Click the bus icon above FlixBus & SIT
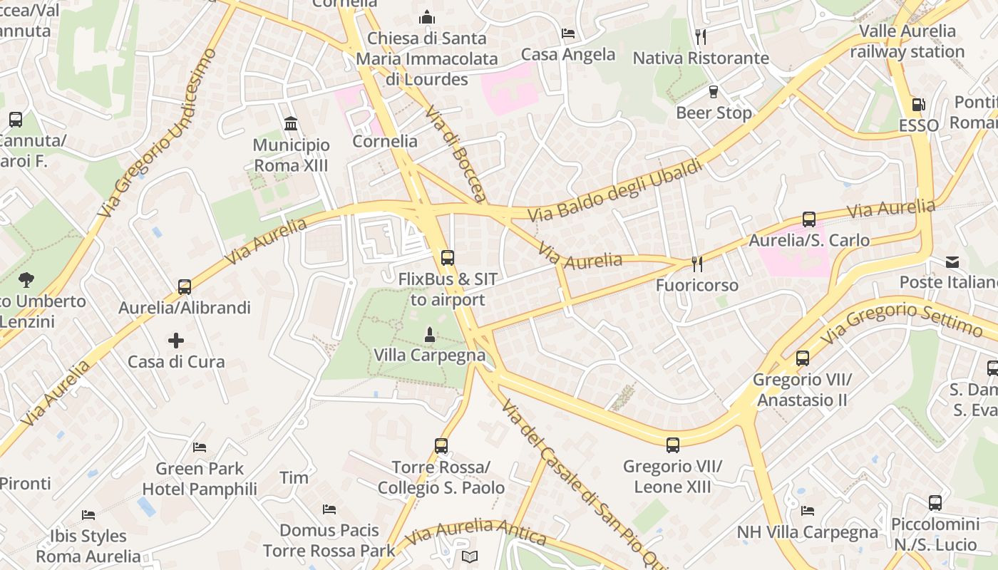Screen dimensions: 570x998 click(x=447, y=258)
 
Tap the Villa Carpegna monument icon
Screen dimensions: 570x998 click(x=429, y=334)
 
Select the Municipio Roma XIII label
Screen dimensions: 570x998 click(x=292, y=155)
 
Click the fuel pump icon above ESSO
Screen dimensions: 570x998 click(x=919, y=105)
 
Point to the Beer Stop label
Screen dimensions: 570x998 click(x=714, y=113)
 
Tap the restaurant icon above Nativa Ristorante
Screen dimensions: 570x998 click(x=701, y=36)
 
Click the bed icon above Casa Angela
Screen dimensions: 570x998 click(x=568, y=33)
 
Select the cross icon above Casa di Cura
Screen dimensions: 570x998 click(x=176, y=341)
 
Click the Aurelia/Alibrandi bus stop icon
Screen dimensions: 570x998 click(x=185, y=287)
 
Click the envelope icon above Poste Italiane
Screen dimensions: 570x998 click(x=952, y=261)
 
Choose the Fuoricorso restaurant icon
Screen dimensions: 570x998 click(x=697, y=264)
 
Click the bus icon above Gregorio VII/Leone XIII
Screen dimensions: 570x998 click(x=672, y=445)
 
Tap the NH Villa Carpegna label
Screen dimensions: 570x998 click(x=807, y=532)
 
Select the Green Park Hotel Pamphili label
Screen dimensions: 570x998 click(x=200, y=479)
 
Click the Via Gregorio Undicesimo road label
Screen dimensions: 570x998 click(x=158, y=133)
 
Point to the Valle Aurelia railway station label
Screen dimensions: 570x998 click(x=907, y=41)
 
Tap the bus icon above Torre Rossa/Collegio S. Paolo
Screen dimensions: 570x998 click(x=441, y=446)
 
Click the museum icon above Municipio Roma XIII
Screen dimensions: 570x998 click(x=291, y=124)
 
